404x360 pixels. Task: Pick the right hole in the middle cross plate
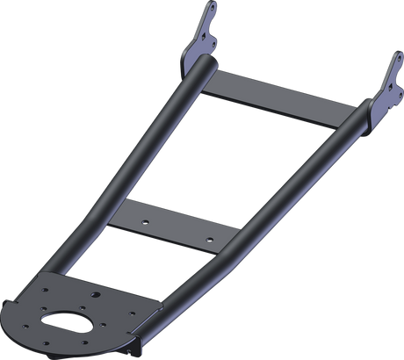click(208, 237)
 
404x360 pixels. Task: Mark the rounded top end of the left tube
click(201, 64)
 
